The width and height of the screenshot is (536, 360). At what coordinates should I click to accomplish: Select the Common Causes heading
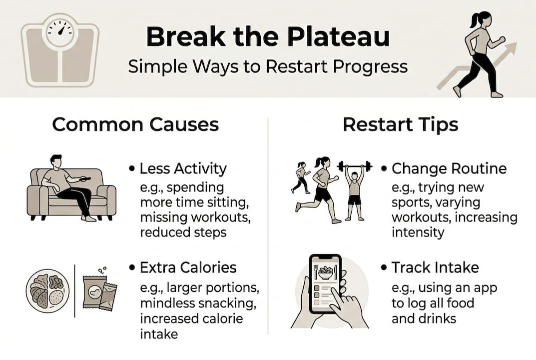click(x=135, y=124)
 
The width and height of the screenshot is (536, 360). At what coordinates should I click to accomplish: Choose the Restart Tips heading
click(x=401, y=124)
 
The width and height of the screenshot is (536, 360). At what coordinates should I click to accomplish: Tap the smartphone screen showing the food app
click(x=325, y=283)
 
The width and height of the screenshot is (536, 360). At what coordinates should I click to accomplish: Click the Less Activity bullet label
click(x=183, y=169)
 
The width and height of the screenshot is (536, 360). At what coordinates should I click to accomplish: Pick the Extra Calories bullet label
click(x=188, y=267)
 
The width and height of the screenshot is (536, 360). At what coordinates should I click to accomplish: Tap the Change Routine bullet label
click(x=449, y=168)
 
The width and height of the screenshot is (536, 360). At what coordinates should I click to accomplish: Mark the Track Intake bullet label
click(x=435, y=267)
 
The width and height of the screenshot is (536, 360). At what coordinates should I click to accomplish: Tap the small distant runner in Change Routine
click(x=301, y=177)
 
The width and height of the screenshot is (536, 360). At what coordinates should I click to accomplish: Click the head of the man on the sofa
click(x=56, y=161)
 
